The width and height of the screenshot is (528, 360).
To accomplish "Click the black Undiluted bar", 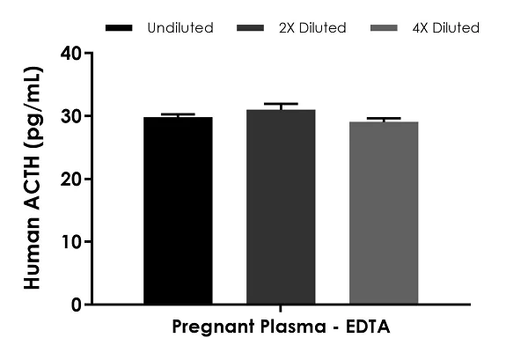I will pyautogui.click(x=177, y=211).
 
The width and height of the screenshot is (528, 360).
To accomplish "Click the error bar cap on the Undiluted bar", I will pyautogui.click(x=177, y=114).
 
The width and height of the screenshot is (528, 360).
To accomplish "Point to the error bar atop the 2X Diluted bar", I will pyautogui.click(x=281, y=105).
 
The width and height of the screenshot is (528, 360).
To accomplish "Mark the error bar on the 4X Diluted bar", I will pyautogui.click(x=384, y=119).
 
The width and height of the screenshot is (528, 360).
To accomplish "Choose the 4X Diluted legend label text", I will pyautogui.click(x=445, y=28).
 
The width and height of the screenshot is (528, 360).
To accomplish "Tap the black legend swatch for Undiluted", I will pyautogui.click(x=119, y=28).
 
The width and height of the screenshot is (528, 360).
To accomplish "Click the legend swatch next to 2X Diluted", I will pyautogui.click(x=252, y=28).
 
